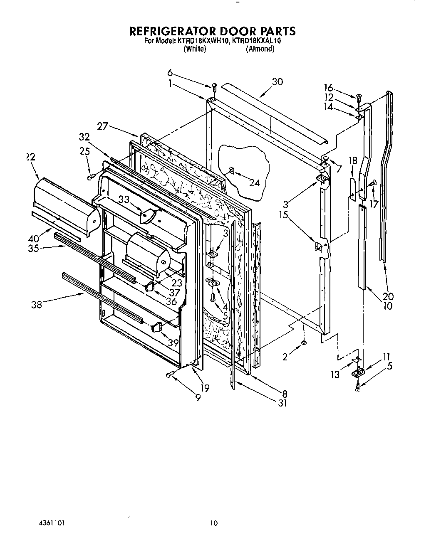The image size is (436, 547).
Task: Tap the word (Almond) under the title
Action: [x=260, y=49]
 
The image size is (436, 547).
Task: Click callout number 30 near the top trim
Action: [x=277, y=82]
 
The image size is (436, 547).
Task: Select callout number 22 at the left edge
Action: [x=30, y=157]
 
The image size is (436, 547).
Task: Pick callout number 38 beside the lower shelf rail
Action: [x=37, y=305]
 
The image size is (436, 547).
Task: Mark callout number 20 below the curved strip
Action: [x=388, y=296]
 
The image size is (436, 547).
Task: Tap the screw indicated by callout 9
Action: [x=169, y=375]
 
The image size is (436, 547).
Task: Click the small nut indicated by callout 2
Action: [x=304, y=342]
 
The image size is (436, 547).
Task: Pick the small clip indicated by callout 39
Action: [x=156, y=327]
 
